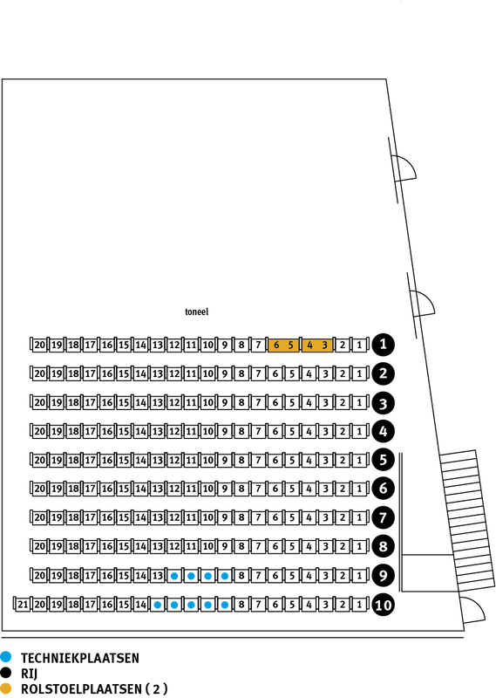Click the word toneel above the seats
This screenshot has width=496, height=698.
click(197, 311)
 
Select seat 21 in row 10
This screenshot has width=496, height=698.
click(23, 605)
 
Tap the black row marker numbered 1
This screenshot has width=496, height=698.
click(383, 345)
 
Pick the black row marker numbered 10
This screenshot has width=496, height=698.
click(383, 605)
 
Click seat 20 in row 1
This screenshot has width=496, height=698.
click(39, 345)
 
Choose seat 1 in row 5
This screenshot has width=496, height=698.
click(359, 460)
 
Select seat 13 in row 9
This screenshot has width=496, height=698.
click(158, 576)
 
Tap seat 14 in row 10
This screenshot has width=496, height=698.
click(140, 605)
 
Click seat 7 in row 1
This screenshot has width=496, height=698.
click(258, 345)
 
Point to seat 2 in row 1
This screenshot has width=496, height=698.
click(343, 345)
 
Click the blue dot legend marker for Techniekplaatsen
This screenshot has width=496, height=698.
click(6, 656)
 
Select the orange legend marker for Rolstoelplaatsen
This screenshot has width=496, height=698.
click(6, 688)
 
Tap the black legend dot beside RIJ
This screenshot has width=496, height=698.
click(6, 672)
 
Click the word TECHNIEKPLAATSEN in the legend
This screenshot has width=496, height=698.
click(80, 658)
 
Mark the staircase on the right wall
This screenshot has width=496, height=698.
click(467, 521)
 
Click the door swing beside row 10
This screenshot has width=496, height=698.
click(472, 610)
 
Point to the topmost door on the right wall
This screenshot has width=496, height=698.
click(403, 169)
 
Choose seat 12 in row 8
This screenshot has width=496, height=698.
click(174, 547)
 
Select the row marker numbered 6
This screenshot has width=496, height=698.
click(383, 489)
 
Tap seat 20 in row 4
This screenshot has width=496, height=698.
click(39, 431)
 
